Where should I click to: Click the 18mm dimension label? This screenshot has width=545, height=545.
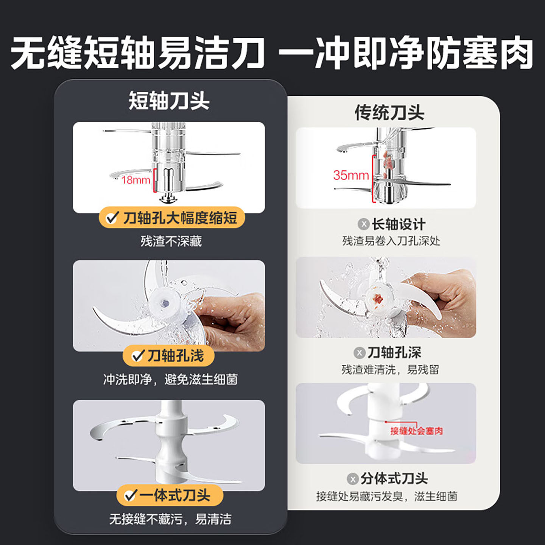135,180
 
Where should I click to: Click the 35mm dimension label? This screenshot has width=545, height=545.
351,175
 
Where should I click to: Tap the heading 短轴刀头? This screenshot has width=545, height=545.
169,101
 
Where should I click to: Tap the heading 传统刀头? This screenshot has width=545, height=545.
389,112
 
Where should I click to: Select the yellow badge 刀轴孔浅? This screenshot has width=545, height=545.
169,355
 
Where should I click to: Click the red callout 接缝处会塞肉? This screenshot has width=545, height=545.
416,431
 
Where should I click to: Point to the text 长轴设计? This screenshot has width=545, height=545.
399,224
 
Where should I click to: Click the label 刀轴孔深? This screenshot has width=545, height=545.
394,352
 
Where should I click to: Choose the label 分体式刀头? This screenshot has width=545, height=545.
394,479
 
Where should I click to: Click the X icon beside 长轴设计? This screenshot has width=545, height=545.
363,224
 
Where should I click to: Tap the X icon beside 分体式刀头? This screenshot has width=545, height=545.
353,479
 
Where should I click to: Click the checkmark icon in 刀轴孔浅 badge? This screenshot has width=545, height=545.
137,356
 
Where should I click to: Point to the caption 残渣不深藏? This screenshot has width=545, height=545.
171,241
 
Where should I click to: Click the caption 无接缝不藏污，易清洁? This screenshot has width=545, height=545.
170,519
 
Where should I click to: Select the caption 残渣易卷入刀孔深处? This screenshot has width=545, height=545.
391,241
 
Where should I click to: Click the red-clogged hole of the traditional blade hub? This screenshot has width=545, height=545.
377,299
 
